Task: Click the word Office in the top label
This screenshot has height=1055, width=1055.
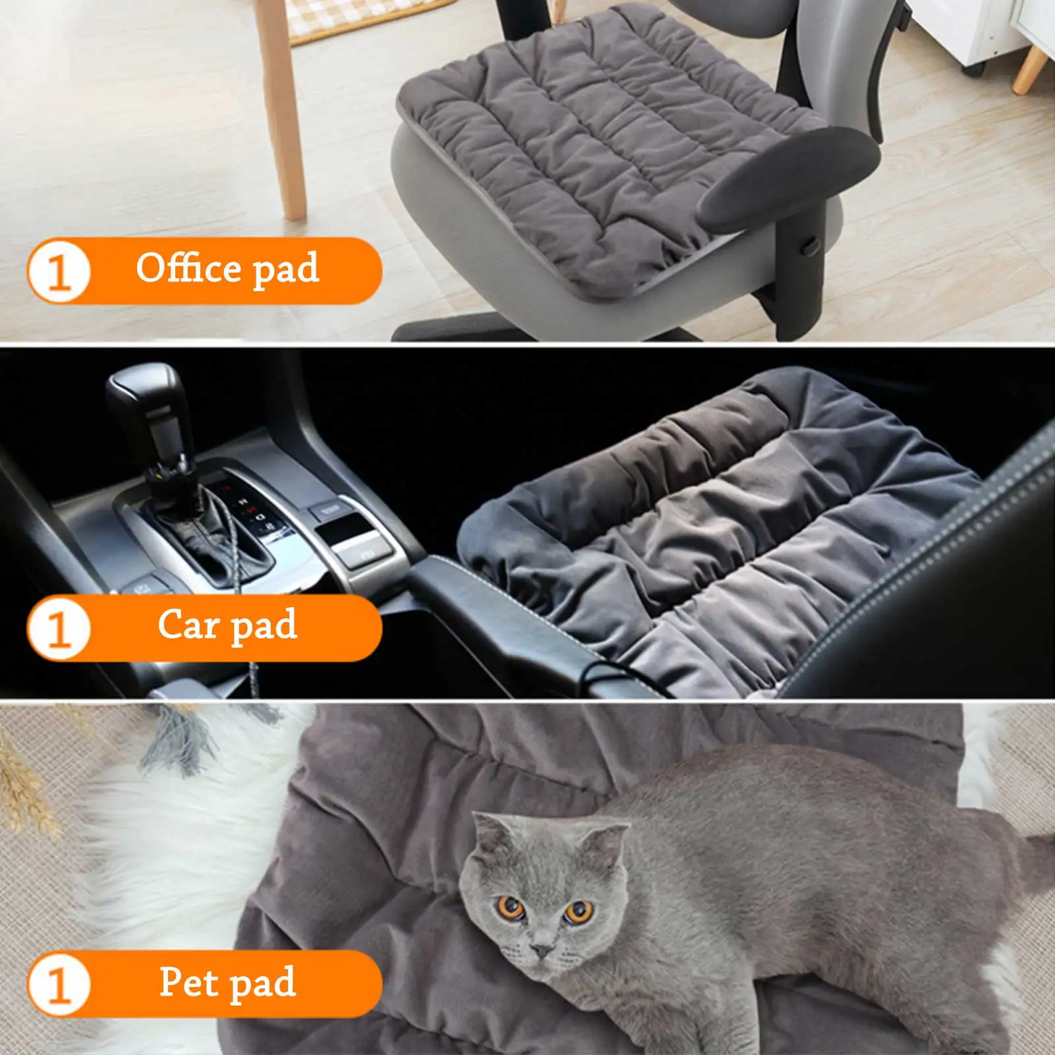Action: tap(188, 268)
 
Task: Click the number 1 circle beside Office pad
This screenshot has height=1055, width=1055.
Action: tap(59, 271)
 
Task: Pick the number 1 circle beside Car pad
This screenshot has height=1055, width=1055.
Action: tap(59, 628)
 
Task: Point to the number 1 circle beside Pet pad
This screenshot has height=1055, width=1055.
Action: tap(59, 985)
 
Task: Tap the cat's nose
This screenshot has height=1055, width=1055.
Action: tap(542, 951)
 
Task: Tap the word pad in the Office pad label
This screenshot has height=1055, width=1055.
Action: tap(286, 270)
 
